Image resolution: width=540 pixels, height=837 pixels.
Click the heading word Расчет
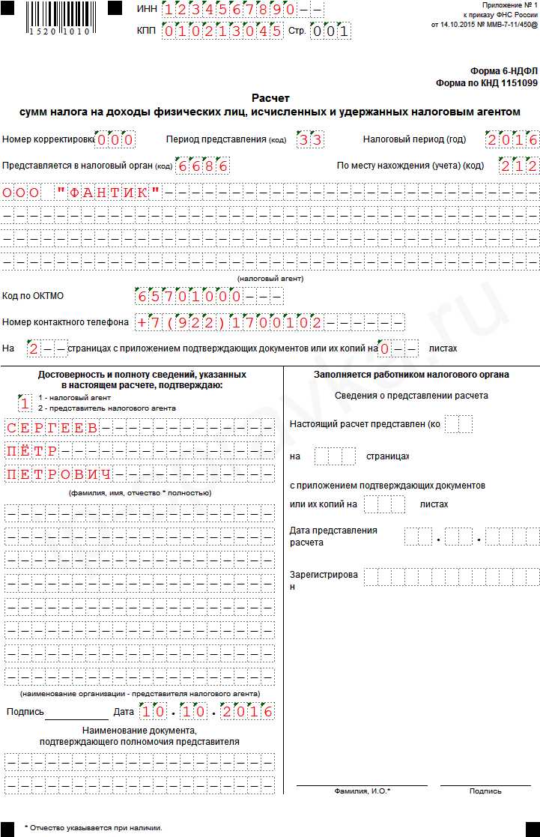(270, 98)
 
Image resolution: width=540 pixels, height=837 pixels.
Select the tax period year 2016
(512, 140)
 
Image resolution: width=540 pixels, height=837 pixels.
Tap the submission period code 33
(309, 140)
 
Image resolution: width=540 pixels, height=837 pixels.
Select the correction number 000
(116, 140)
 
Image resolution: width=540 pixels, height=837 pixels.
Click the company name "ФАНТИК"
(109, 193)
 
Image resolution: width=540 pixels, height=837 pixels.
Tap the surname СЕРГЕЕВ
(52, 429)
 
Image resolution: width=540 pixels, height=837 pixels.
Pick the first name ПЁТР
(31, 452)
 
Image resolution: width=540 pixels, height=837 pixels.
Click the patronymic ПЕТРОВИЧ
(58, 475)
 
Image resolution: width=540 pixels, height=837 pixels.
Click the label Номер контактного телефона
(66, 322)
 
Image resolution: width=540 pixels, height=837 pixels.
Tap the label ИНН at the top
(147, 9)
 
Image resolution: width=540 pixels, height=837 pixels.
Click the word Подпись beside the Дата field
(25, 712)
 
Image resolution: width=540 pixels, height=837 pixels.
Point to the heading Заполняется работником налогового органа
(411, 375)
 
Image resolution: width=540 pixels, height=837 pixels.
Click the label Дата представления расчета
(333, 536)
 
